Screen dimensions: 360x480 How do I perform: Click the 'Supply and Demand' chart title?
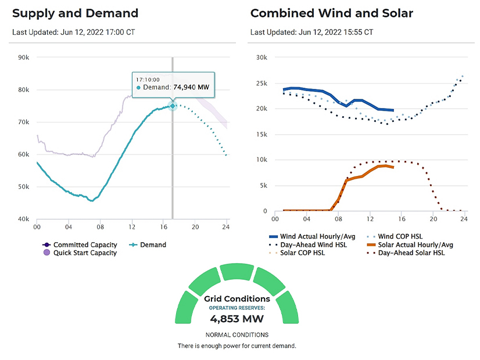point(75,13)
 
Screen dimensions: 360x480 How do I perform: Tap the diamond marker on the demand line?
point(173,106)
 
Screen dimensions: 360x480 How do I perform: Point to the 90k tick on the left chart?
point(24,57)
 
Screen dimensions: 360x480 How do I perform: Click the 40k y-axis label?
point(24,219)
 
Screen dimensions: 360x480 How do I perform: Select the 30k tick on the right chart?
point(261,57)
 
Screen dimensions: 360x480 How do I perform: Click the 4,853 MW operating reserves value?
point(237,319)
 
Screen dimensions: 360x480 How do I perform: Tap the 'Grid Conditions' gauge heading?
point(237,299)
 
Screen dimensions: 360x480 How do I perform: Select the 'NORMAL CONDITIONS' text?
point(237,335)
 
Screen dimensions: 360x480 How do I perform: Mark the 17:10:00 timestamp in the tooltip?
point(149,78)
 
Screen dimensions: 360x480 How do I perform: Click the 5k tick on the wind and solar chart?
point(263,186)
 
